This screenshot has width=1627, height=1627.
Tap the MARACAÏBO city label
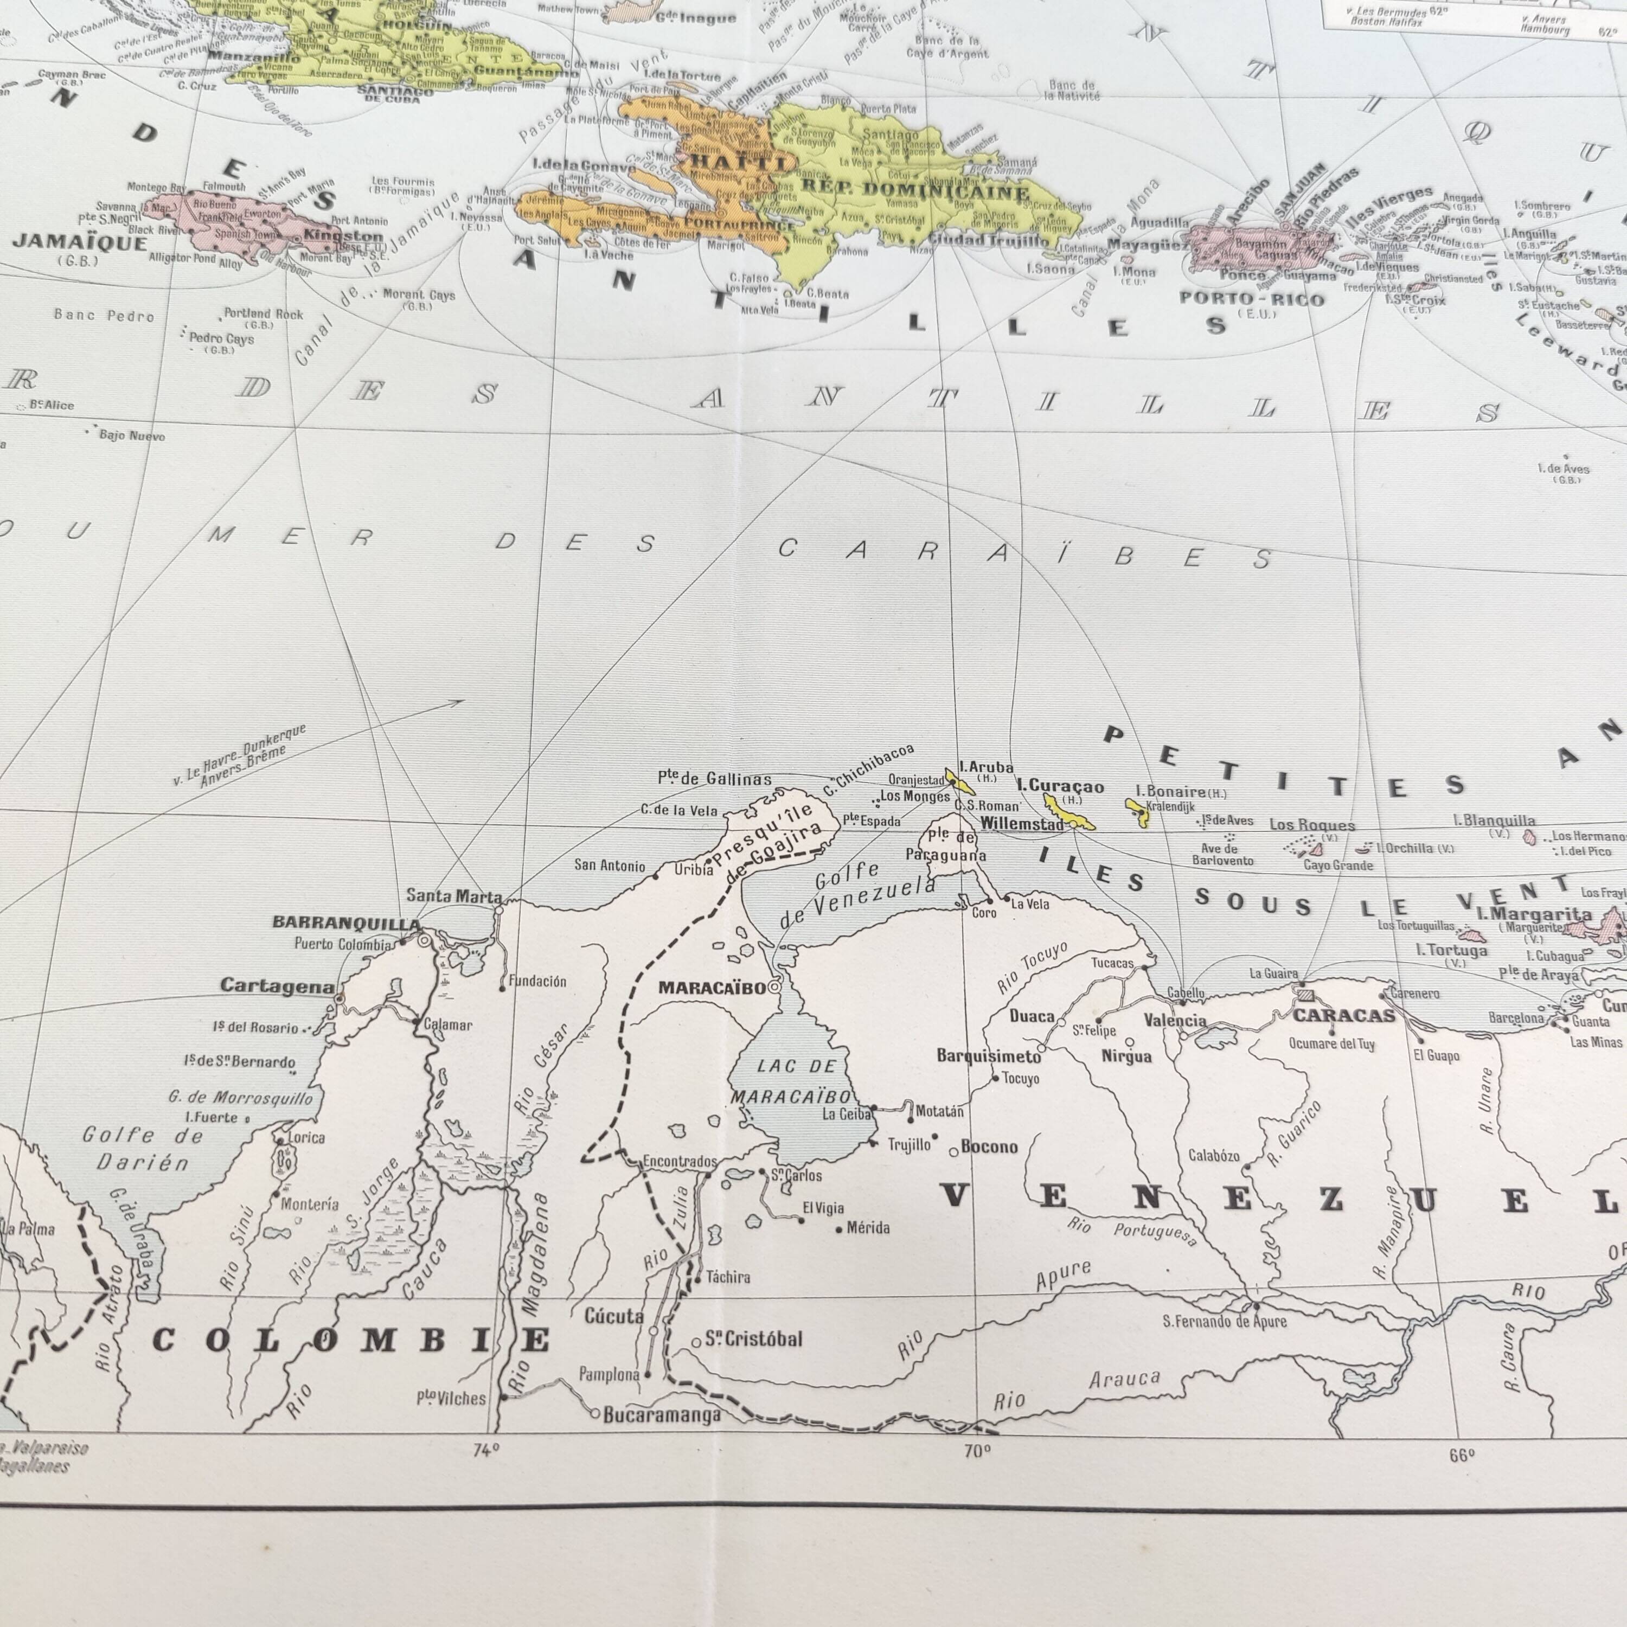[713, 987]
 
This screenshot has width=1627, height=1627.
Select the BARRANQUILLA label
[346, 923]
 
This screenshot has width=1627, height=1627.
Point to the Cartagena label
[277, 986]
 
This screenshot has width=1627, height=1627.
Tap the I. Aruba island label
[986, 767]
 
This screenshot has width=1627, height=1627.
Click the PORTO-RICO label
[1252, 299]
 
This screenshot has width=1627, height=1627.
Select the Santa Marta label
[454, 896]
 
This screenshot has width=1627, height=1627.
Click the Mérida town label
[867, 1228]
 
